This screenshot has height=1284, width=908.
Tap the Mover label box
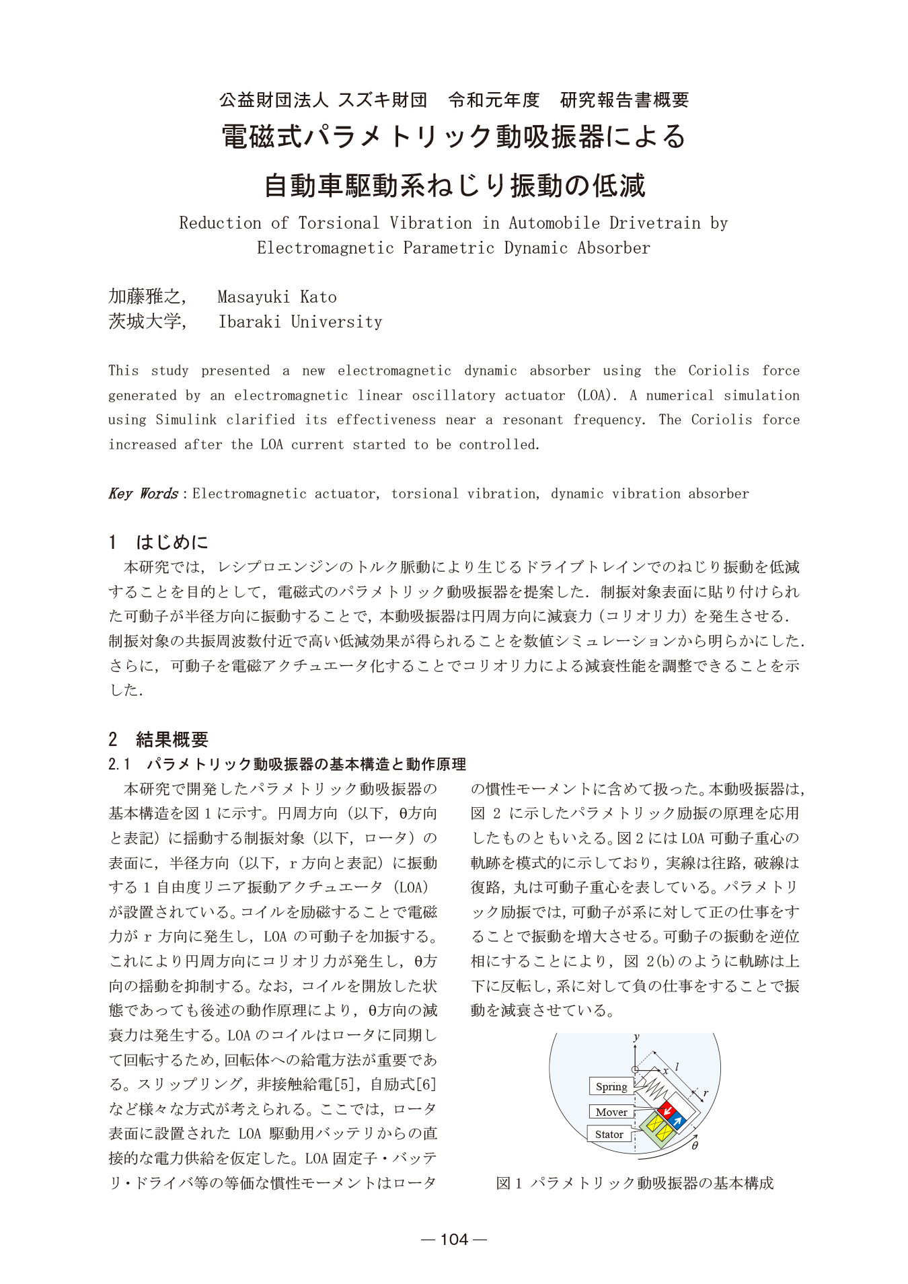611,1112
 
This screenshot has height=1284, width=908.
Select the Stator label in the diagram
609,1134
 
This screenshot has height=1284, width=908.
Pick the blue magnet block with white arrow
679,1120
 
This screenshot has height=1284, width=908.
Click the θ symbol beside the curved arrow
695,1145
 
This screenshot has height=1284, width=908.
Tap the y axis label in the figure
636,1038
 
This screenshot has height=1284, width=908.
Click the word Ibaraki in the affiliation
250,322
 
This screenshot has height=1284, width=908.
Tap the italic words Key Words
143,494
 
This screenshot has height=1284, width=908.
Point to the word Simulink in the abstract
186,420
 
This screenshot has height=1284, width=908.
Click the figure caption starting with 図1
634,1182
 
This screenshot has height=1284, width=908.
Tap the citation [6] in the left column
426,1084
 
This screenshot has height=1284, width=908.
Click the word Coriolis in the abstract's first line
718,371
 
